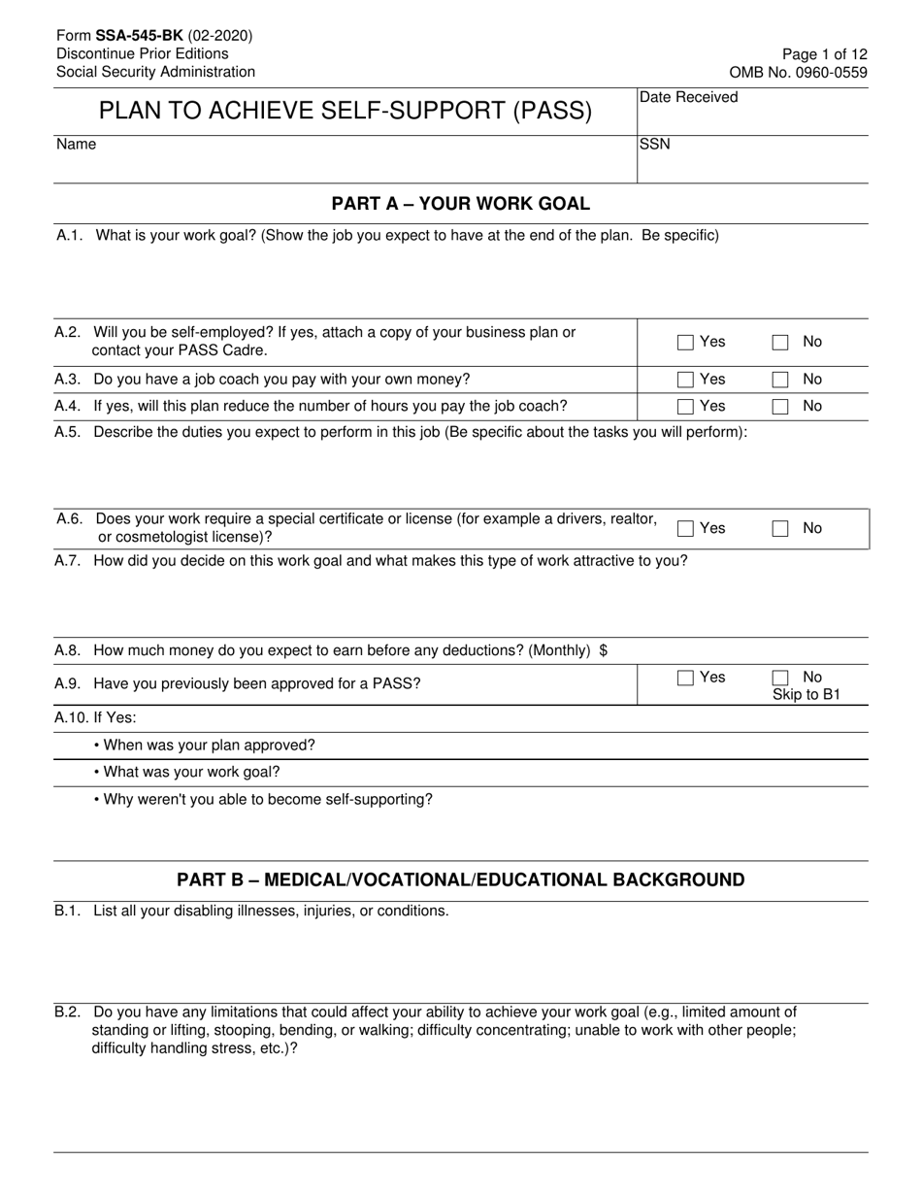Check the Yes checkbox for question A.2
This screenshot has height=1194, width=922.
685,342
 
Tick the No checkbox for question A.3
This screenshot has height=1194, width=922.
780,380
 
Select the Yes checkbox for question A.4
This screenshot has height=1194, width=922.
685,407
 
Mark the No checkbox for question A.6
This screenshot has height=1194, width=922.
780,529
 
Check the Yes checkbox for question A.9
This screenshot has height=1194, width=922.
685,679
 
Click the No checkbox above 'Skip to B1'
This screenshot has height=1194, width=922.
780,679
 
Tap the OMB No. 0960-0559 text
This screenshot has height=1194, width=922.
799,72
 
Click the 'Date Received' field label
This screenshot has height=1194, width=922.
688,97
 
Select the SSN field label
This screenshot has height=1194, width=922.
654,145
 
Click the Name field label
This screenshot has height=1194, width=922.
76,145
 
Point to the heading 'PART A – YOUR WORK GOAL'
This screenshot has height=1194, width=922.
460,204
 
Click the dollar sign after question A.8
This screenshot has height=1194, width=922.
604,650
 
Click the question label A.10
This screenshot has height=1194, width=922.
71,717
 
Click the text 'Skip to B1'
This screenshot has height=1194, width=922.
806,695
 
